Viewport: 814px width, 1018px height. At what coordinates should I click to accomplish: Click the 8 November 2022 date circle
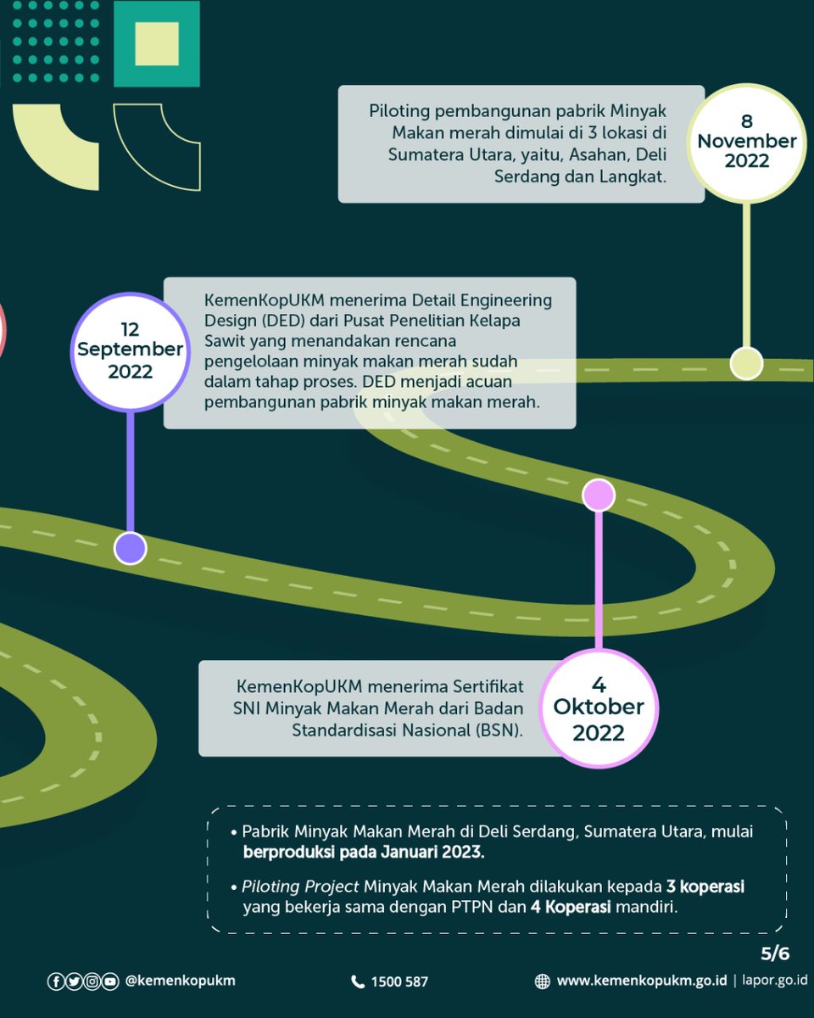point(746,143)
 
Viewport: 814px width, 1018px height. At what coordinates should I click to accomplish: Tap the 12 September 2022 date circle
point(130,351)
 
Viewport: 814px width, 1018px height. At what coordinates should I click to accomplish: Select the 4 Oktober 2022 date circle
point(599,708)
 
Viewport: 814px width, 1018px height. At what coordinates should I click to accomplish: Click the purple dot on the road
point(130,548)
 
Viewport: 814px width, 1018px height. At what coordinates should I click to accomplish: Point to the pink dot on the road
point(599,495)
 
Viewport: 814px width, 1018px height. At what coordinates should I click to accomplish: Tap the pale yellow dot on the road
point(746,363)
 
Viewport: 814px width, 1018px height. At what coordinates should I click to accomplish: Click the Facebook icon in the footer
point(55,982)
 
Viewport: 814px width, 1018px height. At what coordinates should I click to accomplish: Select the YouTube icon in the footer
point(109,982)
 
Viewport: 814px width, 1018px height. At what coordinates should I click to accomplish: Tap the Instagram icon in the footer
point(92,982)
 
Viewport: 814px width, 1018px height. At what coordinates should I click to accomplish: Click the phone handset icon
point(358,982)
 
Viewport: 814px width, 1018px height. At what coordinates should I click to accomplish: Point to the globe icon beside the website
point(542,982)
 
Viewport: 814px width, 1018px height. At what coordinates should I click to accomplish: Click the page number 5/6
point(775,954)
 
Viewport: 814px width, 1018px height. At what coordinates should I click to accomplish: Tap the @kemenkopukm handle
point(181,982)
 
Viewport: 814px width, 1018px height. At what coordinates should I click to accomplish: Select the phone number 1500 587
point(399,982)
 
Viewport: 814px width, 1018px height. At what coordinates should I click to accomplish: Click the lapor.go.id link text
point(775,980)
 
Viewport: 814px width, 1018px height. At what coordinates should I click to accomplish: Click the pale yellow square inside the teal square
point(157,43)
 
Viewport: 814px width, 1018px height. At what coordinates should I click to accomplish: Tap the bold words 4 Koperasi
point(571,907)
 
